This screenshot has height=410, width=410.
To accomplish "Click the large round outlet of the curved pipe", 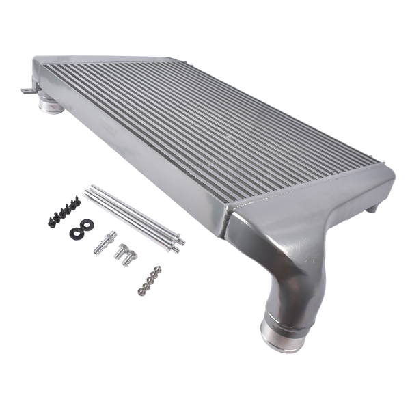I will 282,337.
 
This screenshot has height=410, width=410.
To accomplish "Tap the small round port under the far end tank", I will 49,105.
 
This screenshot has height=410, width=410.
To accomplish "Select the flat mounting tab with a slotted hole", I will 26,90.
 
